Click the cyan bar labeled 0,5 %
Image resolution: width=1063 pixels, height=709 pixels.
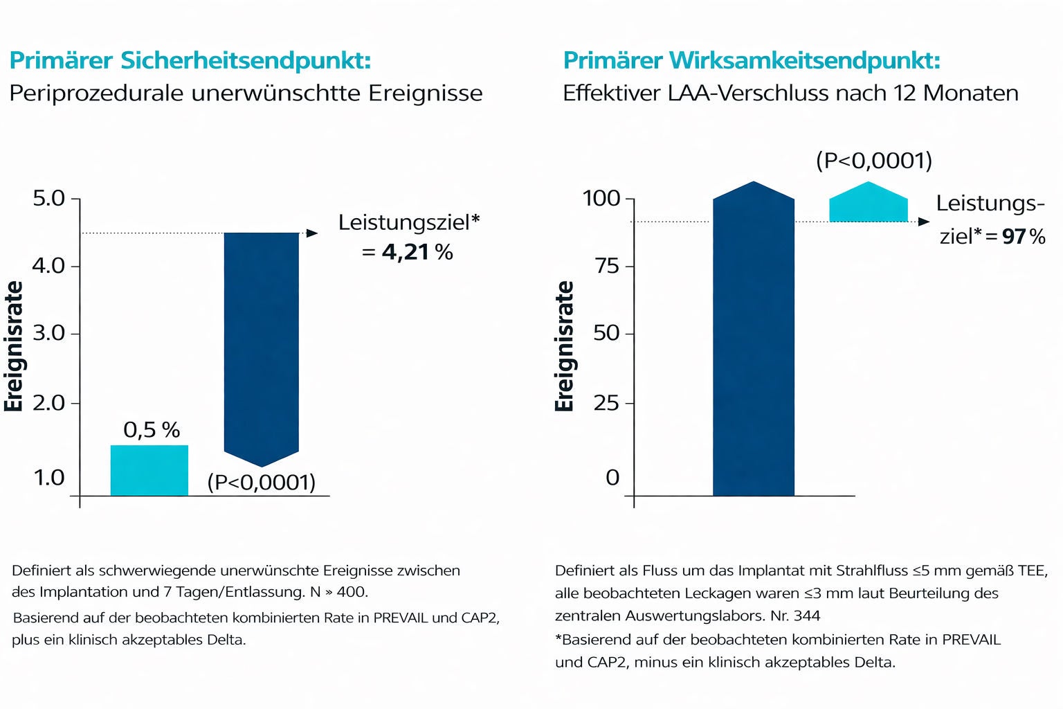pyautogui.click(x=149, y=470)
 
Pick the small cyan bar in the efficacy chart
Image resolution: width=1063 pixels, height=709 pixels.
pyautogui.click(x=868, y=205)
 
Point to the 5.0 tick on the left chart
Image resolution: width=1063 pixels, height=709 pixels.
pyautogui.click(x=48, y=199)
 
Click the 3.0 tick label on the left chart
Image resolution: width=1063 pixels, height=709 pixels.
pyautogui.click(x=48, y=333)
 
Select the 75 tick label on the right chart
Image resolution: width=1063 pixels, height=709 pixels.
pyautogui.click(x=607, y=266)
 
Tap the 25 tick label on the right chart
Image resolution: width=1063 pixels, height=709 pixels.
pyautogui.click(x=606, y=403)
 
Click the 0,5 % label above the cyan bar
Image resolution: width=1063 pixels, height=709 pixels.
pyautogui.click(x=152, y=430)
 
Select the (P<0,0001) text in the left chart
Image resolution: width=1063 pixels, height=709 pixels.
pyautogui.click(x=262, y=482)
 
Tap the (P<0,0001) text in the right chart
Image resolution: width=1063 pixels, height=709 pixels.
pyautogui.click(x=874, y=161)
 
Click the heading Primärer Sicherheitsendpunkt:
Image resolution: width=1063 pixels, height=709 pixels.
pyautogui.click(x=190, y=60)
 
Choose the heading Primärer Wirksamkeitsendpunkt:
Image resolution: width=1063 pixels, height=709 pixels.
pyautogui.click(x=752, y=60)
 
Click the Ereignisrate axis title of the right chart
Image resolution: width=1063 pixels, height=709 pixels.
pyautogui.click(x=565, y=346)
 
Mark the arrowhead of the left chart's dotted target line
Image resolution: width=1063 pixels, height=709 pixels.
pyautogui.click(x=312, y=233)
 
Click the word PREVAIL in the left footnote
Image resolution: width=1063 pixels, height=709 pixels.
pyautogui.click(x=401, y=618)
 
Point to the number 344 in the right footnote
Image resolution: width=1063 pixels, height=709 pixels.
pyautogui.click(x=806, y=616)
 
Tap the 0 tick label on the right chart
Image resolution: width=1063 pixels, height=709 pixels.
pyautogui.click(x=612, y=477)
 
